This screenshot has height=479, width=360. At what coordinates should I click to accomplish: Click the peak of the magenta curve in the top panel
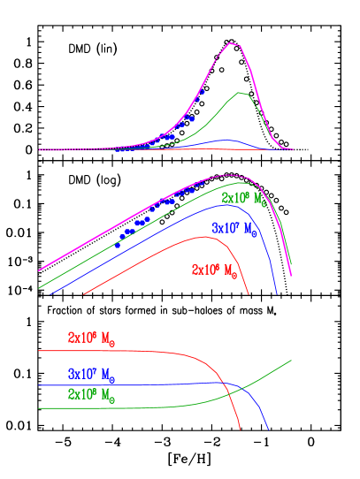coord(232,42)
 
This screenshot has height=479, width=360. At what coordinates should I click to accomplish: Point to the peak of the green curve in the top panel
coord(241,93)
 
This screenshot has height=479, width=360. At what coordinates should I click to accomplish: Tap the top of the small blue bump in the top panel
coord(226,140)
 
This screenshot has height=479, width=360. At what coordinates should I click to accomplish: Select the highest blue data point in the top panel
coord(203,91)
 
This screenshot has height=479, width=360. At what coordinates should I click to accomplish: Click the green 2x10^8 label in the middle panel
coord(244,198)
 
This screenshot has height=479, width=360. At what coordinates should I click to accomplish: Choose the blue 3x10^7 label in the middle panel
coord(234,229)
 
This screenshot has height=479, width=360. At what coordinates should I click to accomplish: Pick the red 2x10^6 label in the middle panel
coord(214,269)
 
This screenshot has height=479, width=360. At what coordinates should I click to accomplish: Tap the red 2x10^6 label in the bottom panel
coord(90,338)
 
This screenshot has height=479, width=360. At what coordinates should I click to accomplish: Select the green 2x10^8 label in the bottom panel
coord(91,395)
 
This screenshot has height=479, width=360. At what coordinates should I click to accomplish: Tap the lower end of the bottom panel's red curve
coord(240,430)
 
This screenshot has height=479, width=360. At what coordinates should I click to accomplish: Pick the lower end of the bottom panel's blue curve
coord(267,430)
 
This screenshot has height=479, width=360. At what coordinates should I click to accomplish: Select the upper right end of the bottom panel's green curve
coord(292,360)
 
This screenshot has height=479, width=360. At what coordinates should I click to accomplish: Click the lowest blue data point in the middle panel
coord(117,245)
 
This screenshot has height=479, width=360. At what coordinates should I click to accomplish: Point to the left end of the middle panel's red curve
coord(83,293)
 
